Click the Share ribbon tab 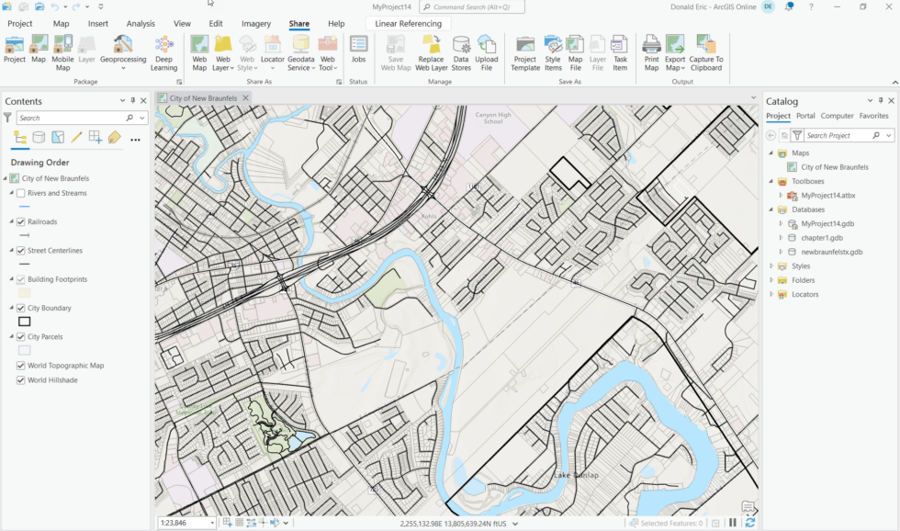pos(298,24)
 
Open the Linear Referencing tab pos(408,24)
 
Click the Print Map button pos(651,52)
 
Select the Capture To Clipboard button pos(706,52)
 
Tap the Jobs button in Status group pos(358,50)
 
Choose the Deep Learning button pos(163,52)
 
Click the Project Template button pos(525,52)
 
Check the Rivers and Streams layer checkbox pos(21,193)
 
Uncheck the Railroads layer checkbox pos(21,221)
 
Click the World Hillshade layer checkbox pos(21,379)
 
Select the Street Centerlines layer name pos(55,250)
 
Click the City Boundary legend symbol pos(25,322)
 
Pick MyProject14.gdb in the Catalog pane pos(827,223)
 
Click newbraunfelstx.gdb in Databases pos(831,252)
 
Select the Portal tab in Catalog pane pos(805,116)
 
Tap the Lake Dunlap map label pos(576,475)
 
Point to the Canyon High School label pos(493,118)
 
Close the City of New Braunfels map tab pos(245,98)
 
